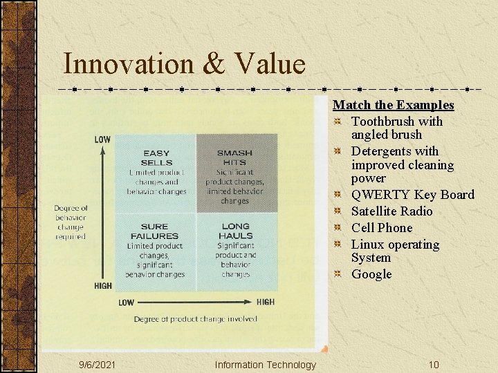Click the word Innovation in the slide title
point(129,64)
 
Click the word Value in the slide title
point(269,64)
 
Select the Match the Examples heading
point(393,105)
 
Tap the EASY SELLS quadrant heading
point(156,157)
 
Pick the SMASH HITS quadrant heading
point(234,157)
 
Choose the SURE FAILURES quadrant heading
point(154,231)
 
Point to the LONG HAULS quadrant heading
point(235,231)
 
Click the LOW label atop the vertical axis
point(102,140)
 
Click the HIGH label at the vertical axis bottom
point(102,286)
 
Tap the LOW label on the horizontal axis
point(126,303)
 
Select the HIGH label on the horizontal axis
point(265,302)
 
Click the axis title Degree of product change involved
point(195,319)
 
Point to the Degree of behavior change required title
point(71,222)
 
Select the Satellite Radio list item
point(391,211)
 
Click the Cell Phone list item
point(381,228)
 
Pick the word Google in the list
point(371,274)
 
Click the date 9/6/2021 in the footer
point(97,365)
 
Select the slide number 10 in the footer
point(433,365)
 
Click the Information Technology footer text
point(265,365)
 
